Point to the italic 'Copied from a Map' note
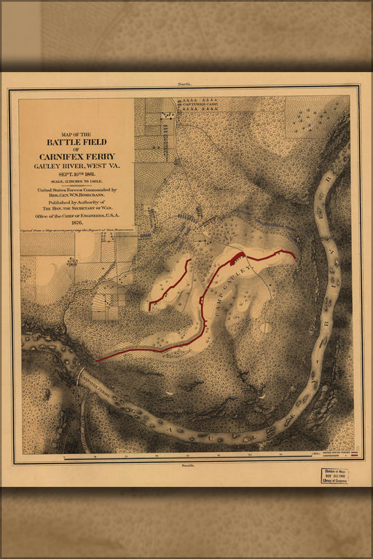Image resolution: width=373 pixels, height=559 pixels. [76, 230]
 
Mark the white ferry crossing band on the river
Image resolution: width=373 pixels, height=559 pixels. [78, 377]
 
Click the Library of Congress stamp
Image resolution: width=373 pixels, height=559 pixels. [334, 475]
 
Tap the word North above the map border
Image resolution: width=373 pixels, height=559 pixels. [186, 86]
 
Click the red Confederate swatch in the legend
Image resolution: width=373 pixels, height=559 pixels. [355, 456]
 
